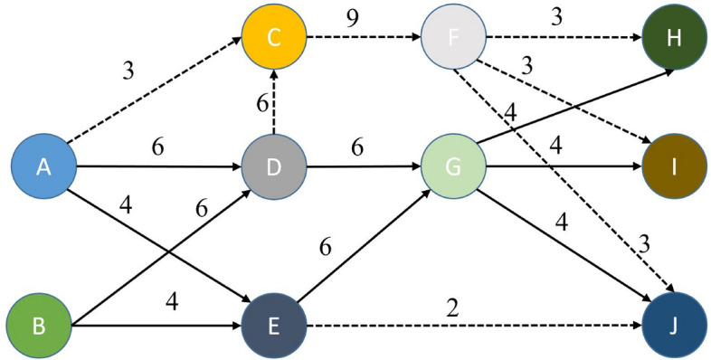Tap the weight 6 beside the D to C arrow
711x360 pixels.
(261, 104)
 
